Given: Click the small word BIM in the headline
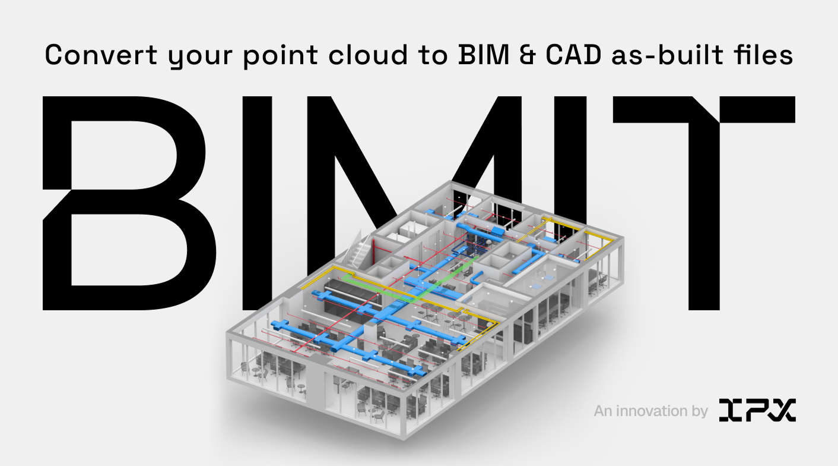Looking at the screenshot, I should pos(479,55).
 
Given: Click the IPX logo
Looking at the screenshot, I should pos(757,411).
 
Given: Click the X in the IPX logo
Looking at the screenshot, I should pos(782,411).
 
